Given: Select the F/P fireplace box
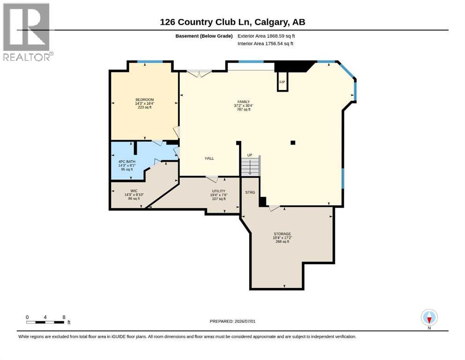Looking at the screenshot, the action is tap(282, 82).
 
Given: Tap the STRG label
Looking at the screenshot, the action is tap(250, 192).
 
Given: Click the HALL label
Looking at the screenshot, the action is tap(209, 158).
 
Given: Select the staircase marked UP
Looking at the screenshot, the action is tap(251, 166).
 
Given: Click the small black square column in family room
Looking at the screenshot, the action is tap(293, 142).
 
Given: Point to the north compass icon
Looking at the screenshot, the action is tap(429, 318).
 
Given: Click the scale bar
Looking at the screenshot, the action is tap(45, 322).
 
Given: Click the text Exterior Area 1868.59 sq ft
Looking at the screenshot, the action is tap(266, 36).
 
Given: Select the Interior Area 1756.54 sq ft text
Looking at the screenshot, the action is tap(266, 43).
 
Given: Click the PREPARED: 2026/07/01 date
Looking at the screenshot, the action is tap(232, 321).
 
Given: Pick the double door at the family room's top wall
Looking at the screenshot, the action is tap(199, 73).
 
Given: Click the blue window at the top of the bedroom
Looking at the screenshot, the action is tap(150, 61).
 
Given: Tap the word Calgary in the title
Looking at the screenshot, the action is tap(272, 22).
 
